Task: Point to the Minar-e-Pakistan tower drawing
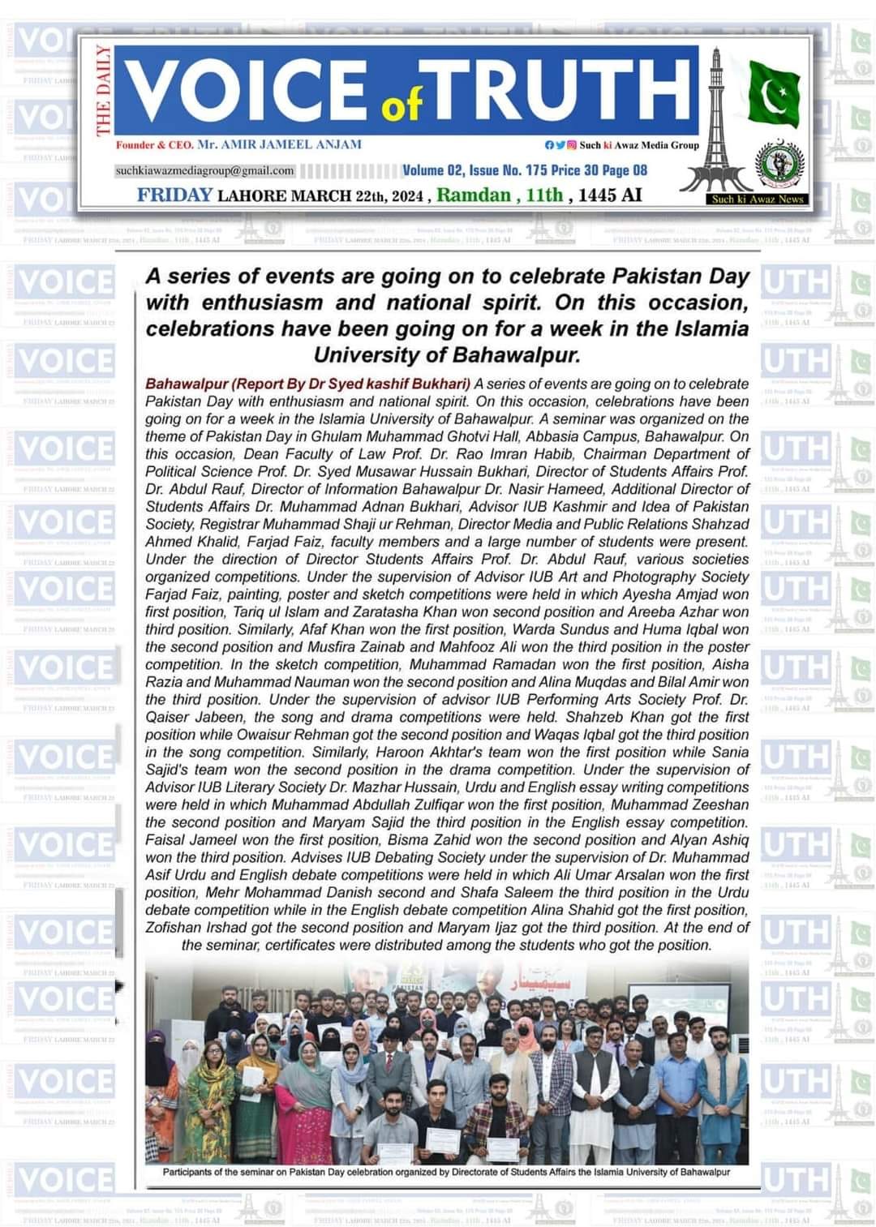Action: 715,122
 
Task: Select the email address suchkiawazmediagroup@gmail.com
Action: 204,170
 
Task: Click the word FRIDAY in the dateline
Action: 174,195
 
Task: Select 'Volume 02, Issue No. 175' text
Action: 474,170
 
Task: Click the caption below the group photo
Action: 446,1172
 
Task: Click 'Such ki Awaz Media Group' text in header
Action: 639,145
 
